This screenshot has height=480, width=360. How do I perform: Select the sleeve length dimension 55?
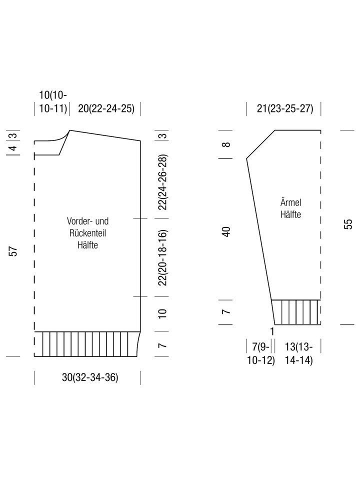[348, 224]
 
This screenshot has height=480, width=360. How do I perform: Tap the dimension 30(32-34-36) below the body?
[90, 377]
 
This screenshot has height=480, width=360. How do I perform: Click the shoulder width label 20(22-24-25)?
[106, 108]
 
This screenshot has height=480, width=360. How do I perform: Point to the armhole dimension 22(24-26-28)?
[162, 182]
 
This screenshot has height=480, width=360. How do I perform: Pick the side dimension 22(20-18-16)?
[162, 257]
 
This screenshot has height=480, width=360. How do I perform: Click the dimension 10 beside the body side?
[162, 313]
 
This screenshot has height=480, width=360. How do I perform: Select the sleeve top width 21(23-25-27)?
[285, 108]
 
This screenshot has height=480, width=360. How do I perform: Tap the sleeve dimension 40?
[226, 231]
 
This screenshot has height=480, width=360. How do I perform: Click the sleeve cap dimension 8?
[226, 144]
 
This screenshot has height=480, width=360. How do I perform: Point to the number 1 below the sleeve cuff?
[272, 331]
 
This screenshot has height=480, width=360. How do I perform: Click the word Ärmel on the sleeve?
[290, 202]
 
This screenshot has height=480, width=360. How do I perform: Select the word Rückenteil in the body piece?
[87, 233]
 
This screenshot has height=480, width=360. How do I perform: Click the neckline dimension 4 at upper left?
[13, 148]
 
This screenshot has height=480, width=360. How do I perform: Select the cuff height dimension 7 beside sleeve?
[226, 312]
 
